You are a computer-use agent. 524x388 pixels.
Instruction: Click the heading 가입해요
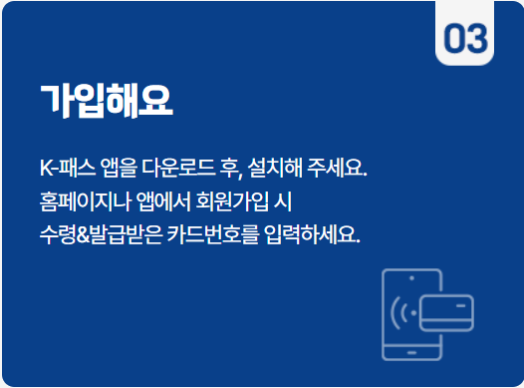tap(106, 101)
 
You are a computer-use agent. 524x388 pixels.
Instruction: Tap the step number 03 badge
tap(465, 38)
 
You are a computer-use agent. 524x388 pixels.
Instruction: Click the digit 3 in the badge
tap(477, 38)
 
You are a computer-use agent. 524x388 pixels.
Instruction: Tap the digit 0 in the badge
tap(454, 38)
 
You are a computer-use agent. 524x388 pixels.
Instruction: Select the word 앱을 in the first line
tap(125, 167)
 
